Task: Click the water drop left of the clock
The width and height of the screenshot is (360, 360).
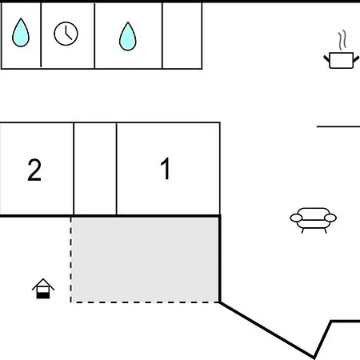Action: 21,33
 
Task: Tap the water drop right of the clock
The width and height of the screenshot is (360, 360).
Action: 128,37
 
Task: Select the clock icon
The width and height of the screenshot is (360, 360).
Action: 66,34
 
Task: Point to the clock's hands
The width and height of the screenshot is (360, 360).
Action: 68,34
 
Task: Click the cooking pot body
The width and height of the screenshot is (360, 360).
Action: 342,61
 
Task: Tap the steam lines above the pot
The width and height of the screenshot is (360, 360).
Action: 342,40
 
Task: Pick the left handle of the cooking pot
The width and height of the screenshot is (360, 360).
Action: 326,58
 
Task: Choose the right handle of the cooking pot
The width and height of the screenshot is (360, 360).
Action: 356,59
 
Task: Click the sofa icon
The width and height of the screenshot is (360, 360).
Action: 314,221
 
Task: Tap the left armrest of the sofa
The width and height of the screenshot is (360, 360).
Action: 296,218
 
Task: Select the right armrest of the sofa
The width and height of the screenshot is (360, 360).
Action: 330,218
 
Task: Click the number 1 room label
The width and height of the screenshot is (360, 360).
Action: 166,168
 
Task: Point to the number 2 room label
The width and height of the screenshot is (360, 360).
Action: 34,170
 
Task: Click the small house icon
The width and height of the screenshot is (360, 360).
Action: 43,289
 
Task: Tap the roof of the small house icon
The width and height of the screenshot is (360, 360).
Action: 43,284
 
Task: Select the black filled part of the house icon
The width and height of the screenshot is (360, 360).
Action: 43,295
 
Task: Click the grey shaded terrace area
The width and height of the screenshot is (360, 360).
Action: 145,259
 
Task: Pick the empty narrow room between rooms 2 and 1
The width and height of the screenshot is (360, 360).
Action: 95,169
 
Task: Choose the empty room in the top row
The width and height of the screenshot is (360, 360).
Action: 182,35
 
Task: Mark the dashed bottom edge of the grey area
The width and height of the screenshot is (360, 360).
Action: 145,302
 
